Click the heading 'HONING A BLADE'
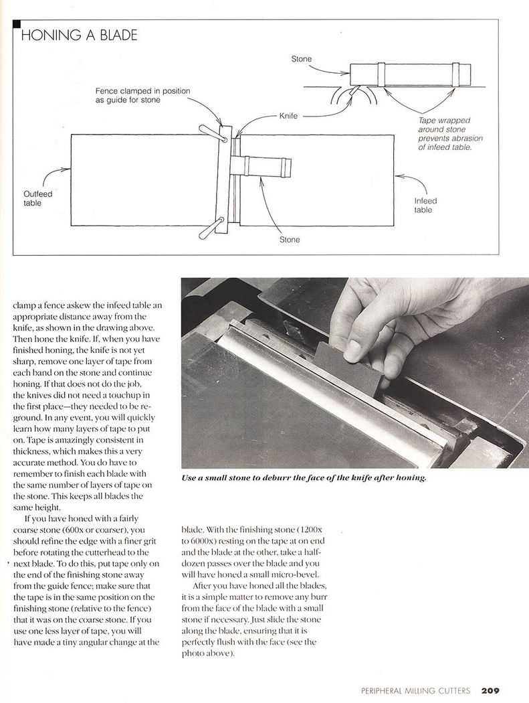tap(79, 35)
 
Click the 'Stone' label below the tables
tap(290, 239)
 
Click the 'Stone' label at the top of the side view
tap(301, 59)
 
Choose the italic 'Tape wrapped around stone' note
tap(445, 134)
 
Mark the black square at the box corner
tap(16, 24)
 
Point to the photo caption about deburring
tap(303, 479)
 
